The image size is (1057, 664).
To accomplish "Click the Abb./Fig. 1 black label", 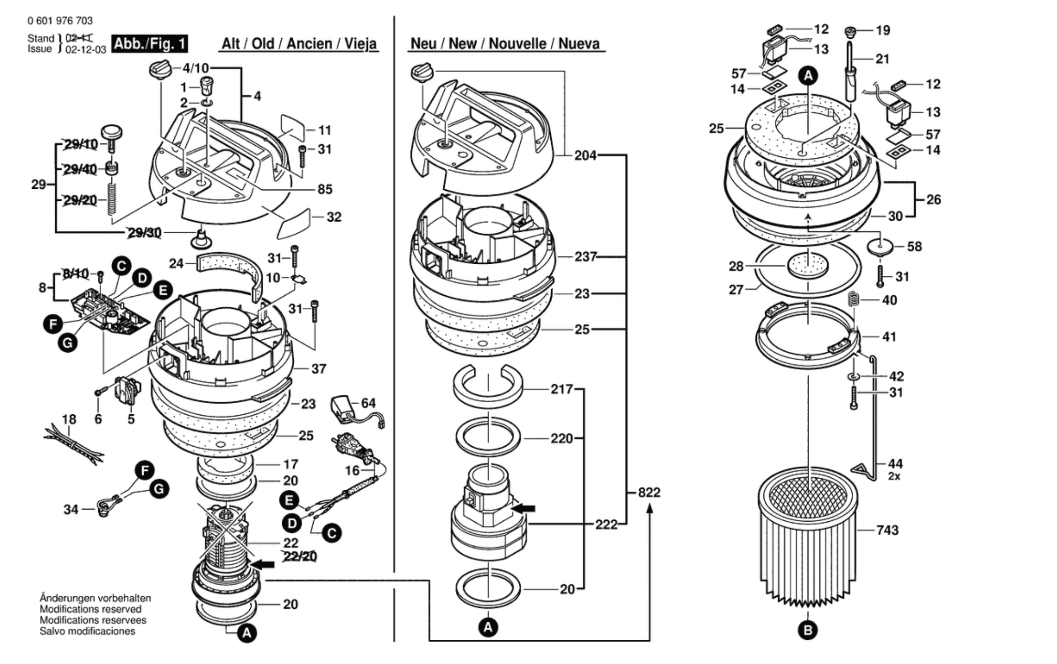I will [149, 44].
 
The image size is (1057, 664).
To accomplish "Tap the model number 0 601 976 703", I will [60, 21].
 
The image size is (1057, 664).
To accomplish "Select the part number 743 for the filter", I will [887, 530].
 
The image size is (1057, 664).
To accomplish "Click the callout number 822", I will [649, 492].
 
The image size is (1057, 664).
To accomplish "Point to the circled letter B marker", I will [807, 630].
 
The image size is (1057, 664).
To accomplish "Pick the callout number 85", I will [325, 189].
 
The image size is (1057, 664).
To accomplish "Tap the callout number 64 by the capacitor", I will [368, 403].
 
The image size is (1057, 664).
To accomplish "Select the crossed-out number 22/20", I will [300, 557].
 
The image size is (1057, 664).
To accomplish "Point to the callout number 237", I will [586, 257].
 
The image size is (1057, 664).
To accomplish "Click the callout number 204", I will [586, 156].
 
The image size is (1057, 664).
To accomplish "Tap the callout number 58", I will [914, 246].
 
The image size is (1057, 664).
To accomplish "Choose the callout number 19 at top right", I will [883, 30].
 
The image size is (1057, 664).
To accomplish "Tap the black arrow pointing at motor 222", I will [524, 508].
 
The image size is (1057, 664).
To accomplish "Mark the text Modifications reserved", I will [91, 609].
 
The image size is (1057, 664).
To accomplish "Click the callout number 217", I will [561, 389].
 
